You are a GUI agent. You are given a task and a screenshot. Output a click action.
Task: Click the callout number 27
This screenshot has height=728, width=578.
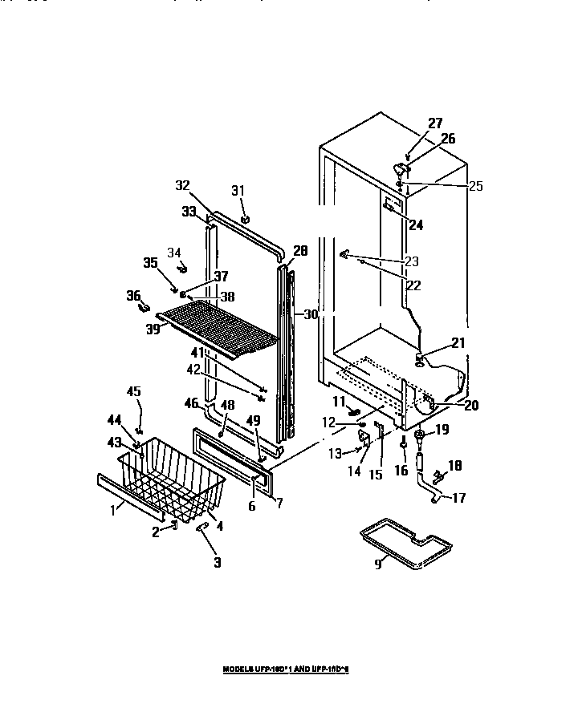(434, 123)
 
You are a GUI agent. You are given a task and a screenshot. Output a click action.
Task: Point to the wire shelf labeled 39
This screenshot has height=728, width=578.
(221, 325)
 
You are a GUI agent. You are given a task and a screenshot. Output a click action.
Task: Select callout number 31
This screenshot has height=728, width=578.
(237, 189)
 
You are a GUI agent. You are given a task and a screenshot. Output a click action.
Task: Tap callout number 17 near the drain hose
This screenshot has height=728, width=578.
(458, 498)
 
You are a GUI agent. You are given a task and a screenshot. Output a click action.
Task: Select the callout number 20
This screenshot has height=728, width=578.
(470, 405)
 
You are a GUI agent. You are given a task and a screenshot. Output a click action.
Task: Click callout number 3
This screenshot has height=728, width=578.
(218, 563)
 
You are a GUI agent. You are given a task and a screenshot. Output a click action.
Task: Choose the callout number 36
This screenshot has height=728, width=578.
(133, 295)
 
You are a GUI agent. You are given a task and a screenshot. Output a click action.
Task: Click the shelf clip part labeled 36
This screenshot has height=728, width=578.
(145, 305)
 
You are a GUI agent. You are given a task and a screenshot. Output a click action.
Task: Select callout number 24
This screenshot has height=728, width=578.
(415, 224)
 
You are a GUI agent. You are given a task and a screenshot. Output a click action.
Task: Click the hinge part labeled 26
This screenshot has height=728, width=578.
(401, 169)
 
